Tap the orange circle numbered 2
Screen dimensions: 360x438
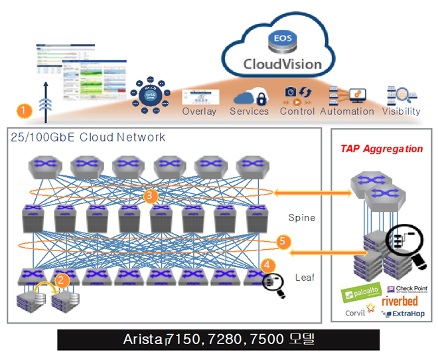pos(61,280)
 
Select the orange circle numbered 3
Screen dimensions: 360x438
pos(151,195)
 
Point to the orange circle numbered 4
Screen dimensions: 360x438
pos(267,264)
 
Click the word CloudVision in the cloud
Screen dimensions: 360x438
pos(282,64)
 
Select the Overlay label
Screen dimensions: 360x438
pos(199,112)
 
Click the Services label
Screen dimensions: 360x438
pos(249,112)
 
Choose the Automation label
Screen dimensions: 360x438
pos(347,112)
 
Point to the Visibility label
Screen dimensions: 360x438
pos(401,112)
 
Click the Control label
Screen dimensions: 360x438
pos(297,112)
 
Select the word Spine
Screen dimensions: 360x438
pos(301,218)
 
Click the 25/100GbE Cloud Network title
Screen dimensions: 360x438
pos(88,137)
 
